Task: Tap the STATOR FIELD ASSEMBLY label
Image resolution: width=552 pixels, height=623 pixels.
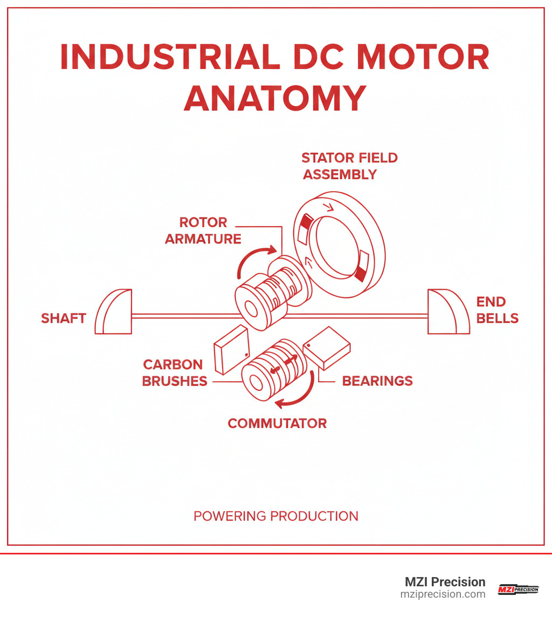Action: (349, 166)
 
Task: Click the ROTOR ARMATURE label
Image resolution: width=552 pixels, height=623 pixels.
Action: (203, 231)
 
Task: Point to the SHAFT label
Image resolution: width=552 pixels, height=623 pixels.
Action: (64, 319)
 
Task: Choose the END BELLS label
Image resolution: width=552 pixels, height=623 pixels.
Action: (497, 310)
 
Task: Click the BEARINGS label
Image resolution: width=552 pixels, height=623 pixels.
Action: (377, 381)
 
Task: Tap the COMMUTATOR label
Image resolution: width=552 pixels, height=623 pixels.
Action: (277, 423)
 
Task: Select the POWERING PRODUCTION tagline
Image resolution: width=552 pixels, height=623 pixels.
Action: (275, 516)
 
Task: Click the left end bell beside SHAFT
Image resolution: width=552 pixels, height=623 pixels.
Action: (114, 311)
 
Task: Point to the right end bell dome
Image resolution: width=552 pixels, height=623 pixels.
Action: (447, 311)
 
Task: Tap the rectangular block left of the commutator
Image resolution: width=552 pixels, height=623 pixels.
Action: (231, 349)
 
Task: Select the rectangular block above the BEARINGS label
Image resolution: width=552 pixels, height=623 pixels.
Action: (327, 348)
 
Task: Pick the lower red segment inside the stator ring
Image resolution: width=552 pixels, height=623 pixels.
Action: (360, 270)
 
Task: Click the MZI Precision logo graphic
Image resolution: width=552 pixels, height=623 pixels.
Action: (517, 589)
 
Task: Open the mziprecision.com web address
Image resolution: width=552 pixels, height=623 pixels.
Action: (443, 594)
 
